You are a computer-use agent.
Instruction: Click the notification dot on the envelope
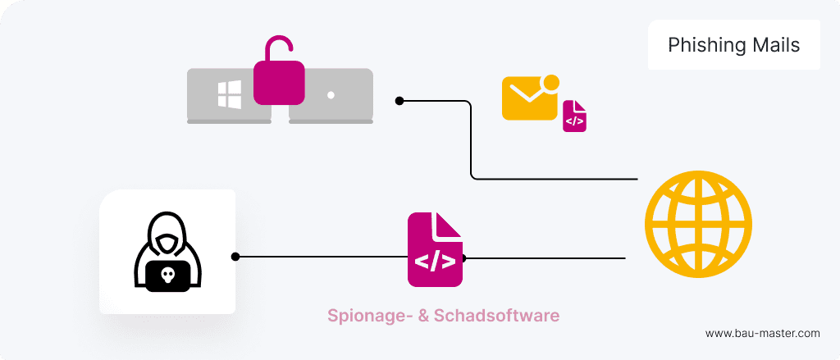[x=551, y=82]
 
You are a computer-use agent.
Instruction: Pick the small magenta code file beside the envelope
[x=574, y=116]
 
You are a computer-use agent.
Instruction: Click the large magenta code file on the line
[x=435, y=250]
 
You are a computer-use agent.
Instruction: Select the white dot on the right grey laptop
[x=331, y=95]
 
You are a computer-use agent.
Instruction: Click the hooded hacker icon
[x=167, y=252]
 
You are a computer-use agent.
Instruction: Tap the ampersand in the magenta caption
[x=423, y=315]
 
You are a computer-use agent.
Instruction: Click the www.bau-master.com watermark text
[x=762, y=333]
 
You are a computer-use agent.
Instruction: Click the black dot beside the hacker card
[x=235, y=257]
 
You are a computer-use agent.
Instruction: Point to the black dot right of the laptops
[x=399, y=101]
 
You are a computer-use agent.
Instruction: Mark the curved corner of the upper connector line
[x=472, y=175]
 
